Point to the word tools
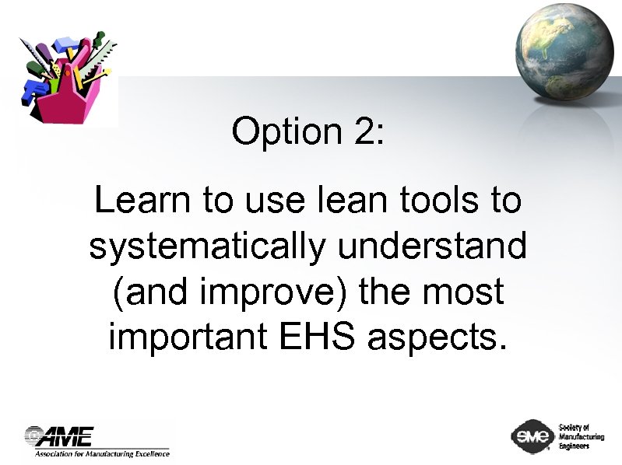point(430,201)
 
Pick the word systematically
point(207,247)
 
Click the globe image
point(565,47)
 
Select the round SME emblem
point(531,436)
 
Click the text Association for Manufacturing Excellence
point(101,453)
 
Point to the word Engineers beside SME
point(575,446)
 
